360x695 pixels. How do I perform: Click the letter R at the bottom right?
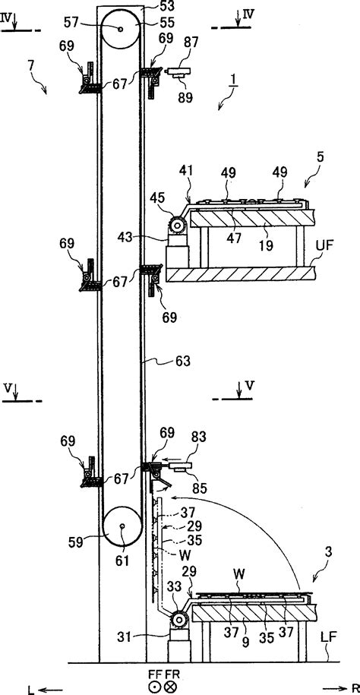(x=355, y=688)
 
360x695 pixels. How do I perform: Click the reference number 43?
(x=147, y=237)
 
